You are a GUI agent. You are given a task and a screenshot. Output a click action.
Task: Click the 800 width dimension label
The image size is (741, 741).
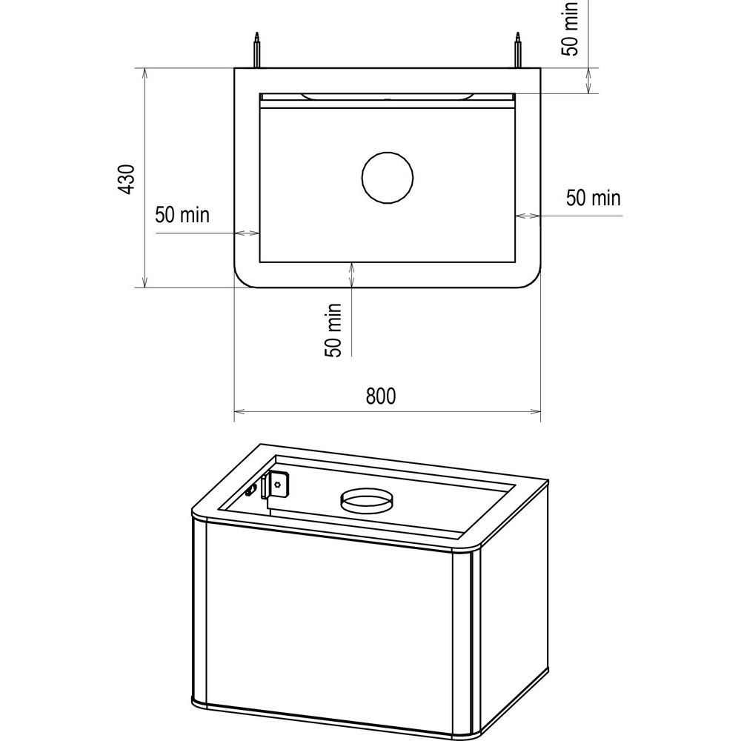381,396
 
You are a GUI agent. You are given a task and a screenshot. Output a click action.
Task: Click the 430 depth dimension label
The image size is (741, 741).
127,179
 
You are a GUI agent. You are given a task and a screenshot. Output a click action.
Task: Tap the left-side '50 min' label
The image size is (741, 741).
182,215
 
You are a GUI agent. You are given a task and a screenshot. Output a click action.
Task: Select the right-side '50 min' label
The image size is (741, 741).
594,198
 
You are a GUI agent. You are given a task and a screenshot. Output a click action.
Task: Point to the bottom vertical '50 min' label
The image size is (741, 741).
333,330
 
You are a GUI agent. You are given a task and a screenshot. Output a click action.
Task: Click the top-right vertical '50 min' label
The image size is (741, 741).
570,28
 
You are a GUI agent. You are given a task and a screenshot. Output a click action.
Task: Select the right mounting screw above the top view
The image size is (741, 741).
519,50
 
